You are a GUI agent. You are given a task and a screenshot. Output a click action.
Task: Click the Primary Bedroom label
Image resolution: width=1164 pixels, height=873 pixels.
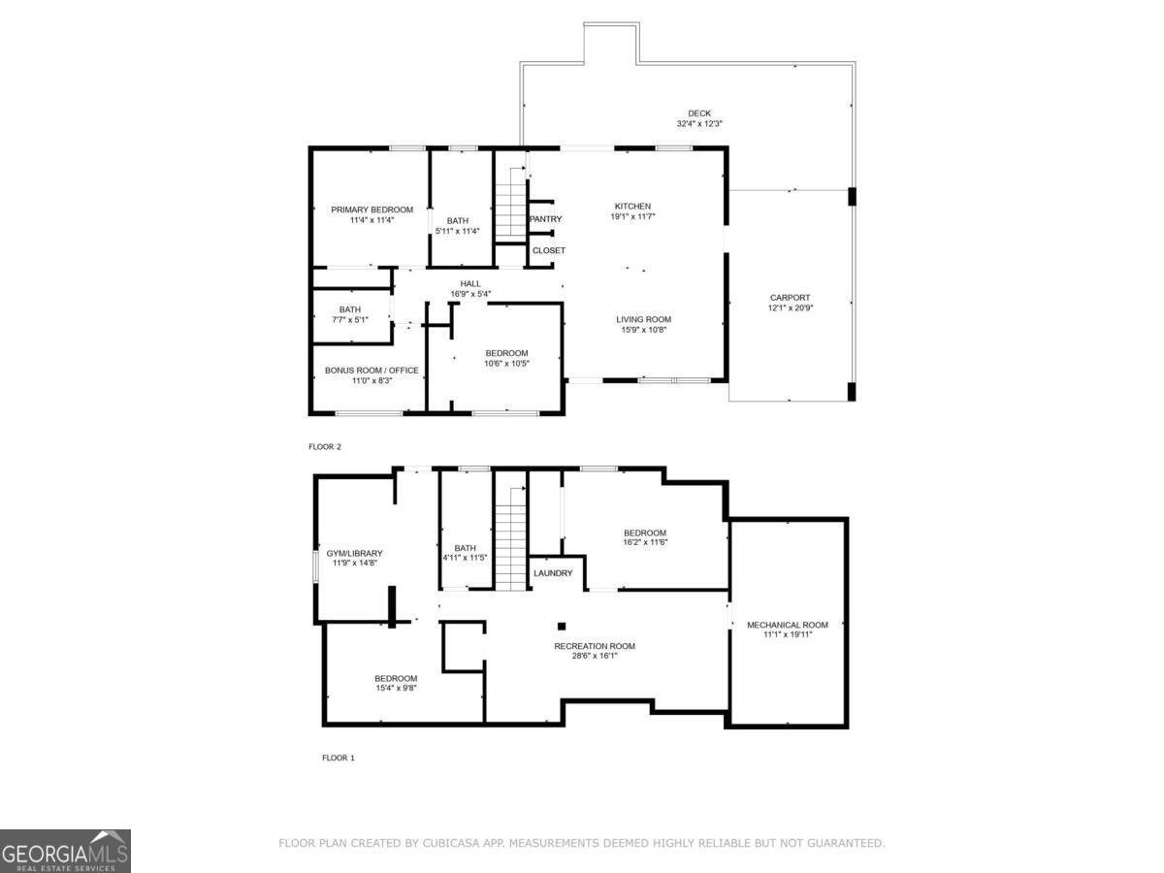point(372,210)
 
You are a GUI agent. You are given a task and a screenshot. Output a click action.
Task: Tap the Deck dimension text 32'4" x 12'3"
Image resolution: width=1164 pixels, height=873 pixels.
point(699,124)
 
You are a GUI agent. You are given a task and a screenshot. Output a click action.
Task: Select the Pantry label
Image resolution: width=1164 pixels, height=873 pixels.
point(545,219)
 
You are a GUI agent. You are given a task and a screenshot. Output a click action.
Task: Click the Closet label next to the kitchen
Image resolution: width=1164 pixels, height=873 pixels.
point(548,250)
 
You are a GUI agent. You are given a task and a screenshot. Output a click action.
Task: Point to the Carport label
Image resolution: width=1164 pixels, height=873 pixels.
point(790,298)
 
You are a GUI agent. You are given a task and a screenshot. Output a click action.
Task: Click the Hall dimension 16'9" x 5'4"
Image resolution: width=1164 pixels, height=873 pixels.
point(470,294)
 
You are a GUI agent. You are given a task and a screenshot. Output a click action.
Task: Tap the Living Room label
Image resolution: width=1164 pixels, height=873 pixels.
point(643,319)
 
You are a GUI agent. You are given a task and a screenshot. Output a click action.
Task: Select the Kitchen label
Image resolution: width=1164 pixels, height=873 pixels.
point(632,206)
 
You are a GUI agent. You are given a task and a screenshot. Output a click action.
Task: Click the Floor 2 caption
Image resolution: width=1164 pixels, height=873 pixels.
point(325,447)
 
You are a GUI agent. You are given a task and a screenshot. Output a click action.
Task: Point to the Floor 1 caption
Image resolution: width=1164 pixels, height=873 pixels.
point(339,758)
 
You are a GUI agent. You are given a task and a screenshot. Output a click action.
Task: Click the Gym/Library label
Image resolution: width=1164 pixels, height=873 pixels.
point(354,553)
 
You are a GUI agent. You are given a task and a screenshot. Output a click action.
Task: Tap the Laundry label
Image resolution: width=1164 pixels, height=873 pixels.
point(553,573)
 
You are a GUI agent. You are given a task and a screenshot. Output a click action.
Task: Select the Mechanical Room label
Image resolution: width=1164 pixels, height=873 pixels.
point(787,625)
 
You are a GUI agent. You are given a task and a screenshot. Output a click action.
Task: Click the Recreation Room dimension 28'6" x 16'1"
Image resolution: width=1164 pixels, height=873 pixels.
point(595,656)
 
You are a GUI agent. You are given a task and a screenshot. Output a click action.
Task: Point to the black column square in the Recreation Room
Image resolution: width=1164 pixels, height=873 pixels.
point(561,626)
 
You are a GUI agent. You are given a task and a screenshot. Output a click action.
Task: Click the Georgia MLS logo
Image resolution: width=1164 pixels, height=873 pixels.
point(65,851)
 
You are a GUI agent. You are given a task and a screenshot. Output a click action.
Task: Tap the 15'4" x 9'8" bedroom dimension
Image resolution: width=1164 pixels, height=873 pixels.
point(396,689)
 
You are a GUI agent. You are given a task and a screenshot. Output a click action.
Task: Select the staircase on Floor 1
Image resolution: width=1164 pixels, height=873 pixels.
point(509,538)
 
